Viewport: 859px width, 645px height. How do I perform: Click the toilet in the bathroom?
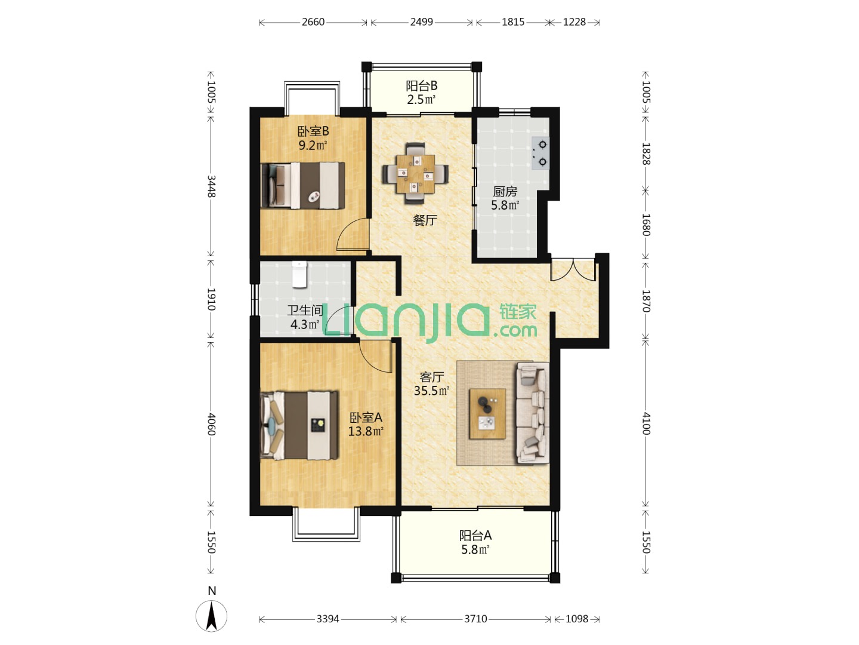[300, 275]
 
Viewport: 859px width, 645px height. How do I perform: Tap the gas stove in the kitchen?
[540, 153]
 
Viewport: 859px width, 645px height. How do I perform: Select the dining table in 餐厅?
[415, 173]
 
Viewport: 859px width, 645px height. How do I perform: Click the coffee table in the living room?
[487, 414]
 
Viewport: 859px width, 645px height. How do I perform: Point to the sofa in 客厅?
[533, 413]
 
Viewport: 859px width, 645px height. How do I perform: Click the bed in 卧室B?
[303, 186]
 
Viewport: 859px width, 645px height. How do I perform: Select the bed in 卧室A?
[299, 425]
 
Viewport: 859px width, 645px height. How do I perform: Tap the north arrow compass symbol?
[212, 616]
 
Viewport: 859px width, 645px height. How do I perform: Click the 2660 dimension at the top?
[313, 22]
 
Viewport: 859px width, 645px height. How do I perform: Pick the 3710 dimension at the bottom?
[475, 619]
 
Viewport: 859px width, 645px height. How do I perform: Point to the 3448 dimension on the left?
[211, 186]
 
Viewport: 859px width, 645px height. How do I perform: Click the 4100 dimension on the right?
[645, 424]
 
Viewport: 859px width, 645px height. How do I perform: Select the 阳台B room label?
[421, 85]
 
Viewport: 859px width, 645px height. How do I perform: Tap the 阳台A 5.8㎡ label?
[475, 542]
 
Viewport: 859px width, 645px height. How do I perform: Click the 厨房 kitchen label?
[505, 192]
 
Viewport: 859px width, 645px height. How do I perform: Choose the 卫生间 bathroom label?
[305, 311]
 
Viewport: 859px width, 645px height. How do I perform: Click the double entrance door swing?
[573, 269]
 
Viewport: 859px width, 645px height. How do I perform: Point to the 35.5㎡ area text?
[431, 391]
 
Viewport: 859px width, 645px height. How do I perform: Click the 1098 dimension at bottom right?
[577, 619]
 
